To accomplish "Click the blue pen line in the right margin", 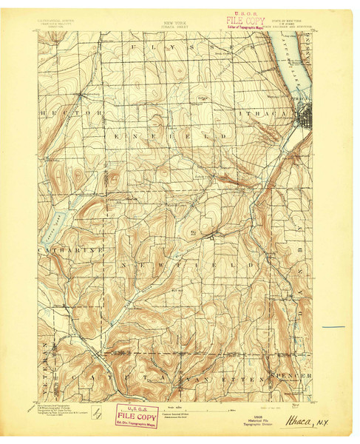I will [x=333, y=327].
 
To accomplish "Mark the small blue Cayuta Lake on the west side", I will [x=59, y=218].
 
